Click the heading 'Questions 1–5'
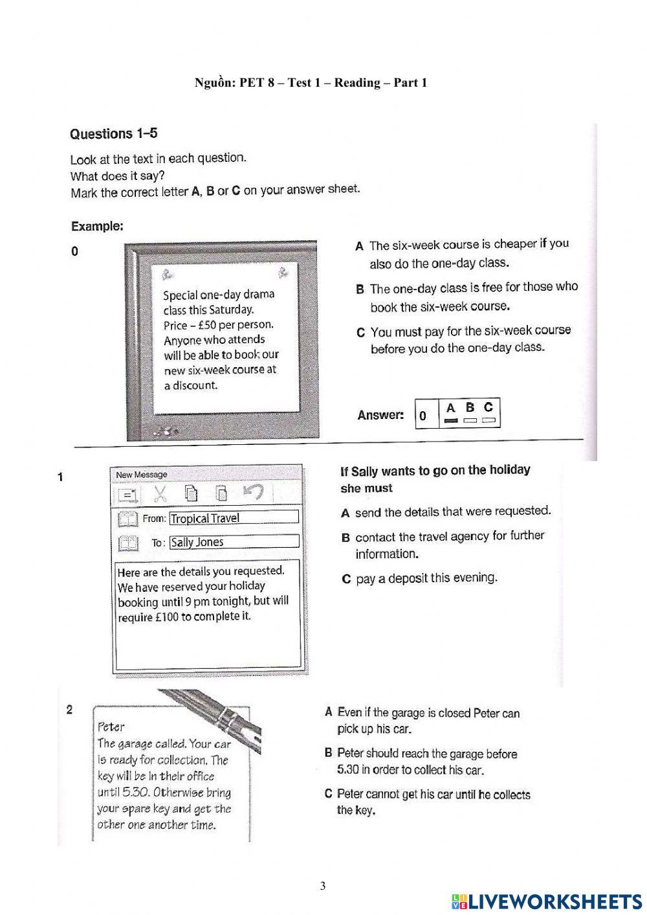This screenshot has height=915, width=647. point(113,134)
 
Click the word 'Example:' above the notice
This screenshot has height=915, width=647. point(97,227)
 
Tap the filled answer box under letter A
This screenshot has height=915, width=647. point(451,421)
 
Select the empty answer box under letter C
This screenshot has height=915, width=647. point(488,421)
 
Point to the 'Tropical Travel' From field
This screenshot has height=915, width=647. point(234,518)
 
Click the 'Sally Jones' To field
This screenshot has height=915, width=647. point(234,542)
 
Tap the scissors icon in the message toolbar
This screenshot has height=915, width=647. point(160,494)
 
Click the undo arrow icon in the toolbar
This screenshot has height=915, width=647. point(253,493)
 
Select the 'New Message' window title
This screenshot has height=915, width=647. point(142,475)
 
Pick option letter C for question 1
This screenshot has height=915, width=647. point(346,580)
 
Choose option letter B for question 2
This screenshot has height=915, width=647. point(329,753)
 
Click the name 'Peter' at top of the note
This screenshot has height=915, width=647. point(111,727)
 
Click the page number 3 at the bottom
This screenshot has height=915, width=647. point(323,887)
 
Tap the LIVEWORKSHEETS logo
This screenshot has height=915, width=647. point(547,901)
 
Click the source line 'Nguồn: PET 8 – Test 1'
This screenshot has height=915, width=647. point(311,82)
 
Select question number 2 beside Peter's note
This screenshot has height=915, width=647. point(70,710)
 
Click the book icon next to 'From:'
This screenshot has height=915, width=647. point(128,519)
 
